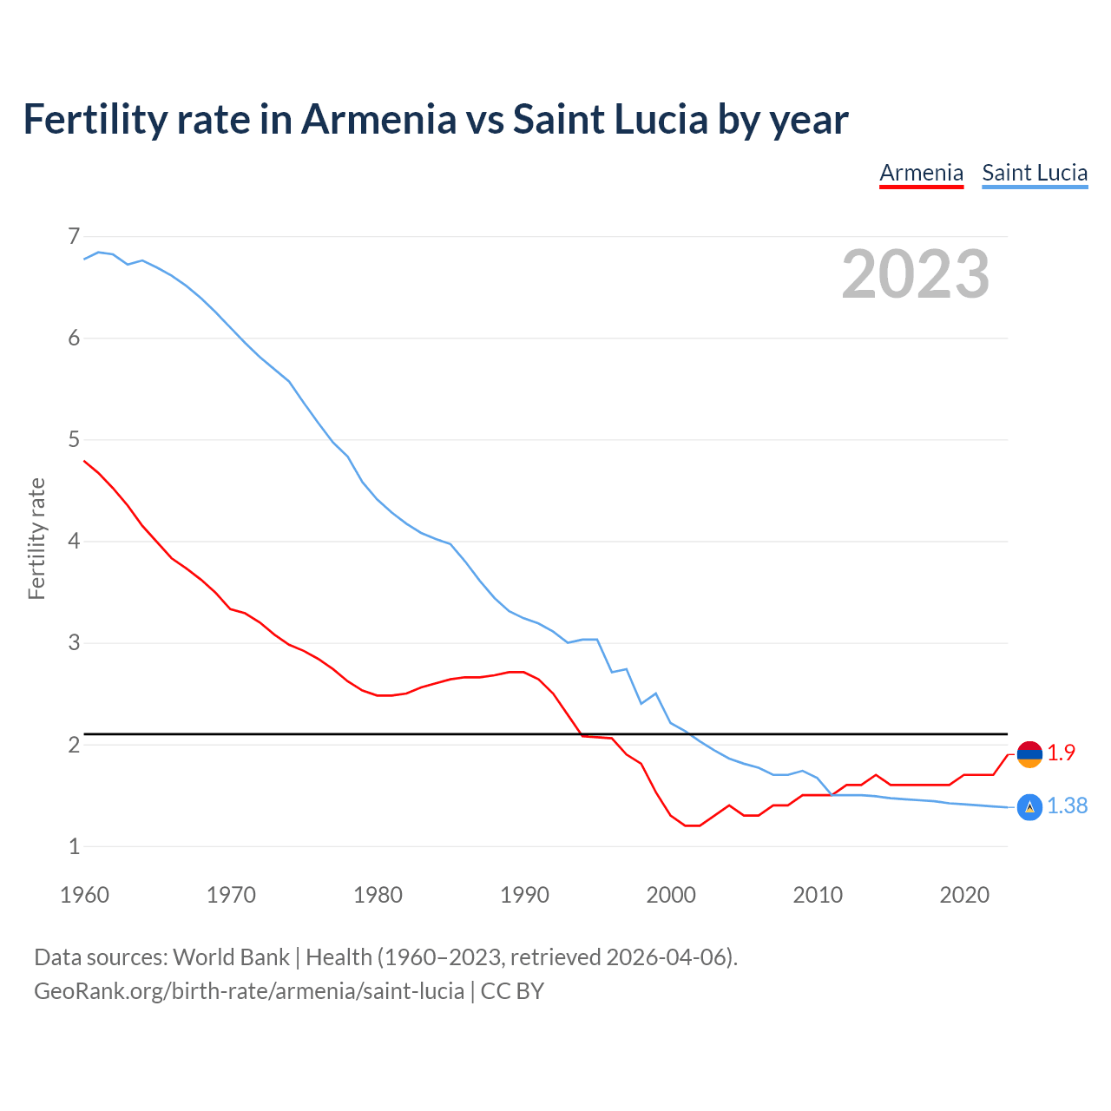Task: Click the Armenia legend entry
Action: (921, 173)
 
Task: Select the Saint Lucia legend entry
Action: (1035, 173)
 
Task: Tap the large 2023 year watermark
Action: (915, 274)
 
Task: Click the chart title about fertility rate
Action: (436, 119)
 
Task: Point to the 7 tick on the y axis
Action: (74, 236)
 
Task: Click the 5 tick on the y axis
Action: (74, 440)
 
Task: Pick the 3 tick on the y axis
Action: (74, 643)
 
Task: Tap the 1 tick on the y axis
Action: (74, 846)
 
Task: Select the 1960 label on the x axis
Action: (84, 895)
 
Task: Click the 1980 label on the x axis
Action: (378, 895)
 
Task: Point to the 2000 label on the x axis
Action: (671, 895)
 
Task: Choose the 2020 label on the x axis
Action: (964, 895)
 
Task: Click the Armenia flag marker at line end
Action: (1029, 754)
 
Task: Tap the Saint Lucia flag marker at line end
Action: (1029, 807)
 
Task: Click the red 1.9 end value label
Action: (1061, 753)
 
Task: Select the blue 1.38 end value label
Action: (1067, 806)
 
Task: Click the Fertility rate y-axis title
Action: (36, 538)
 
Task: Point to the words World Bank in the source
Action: (231, 957)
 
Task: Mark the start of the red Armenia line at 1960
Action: (84, 461)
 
